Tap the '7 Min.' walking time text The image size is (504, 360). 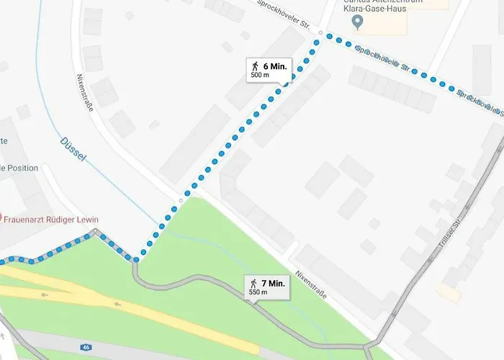[274, 283]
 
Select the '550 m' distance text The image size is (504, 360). [258, 292]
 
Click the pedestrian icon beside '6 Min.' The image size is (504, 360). [253, 65]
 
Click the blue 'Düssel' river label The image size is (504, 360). [73, 147]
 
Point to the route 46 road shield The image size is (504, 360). [86, 347]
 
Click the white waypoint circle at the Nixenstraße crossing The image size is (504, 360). [181, 201]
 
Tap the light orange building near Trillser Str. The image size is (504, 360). [448, 293]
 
